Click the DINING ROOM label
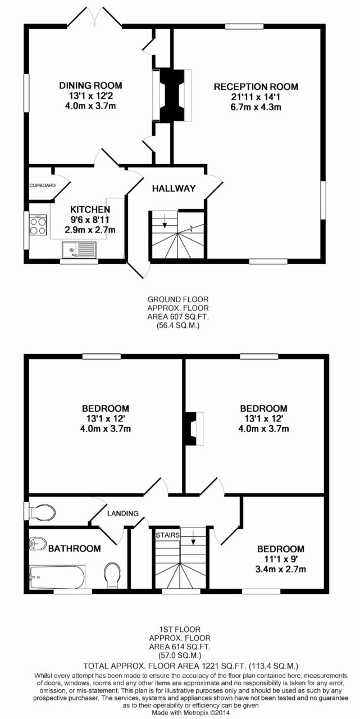click(90, 85)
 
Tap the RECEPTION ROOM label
click(256, 87)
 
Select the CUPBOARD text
click(42, 185)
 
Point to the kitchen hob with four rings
click(38, 225)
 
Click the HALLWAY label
click(174, 188)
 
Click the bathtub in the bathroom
click(57, 577)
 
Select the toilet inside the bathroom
click(112, 575)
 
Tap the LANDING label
click(123, 513)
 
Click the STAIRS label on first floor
click(167, 535)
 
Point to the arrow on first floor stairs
click(193, 538)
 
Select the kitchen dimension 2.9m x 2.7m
click(90, 230)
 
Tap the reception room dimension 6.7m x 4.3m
click(256, 107)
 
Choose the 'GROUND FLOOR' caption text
click(178, 299)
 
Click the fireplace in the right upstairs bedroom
click(193, 429)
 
